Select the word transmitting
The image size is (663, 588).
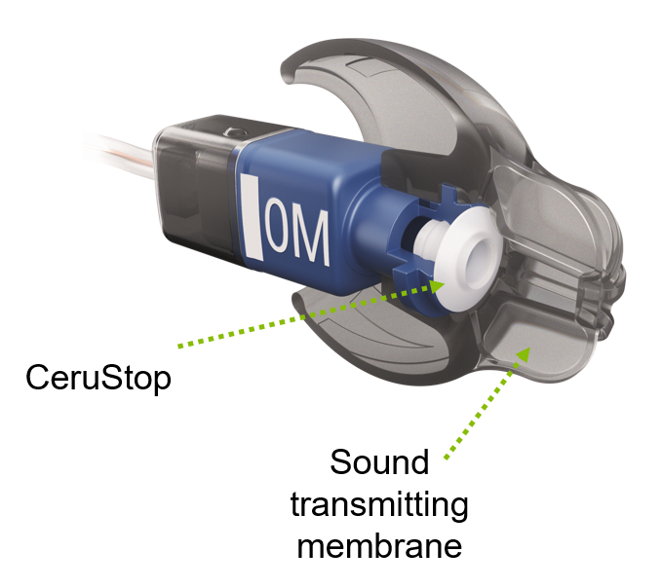click(x=381, y=504)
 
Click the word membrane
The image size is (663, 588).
click(x=380, y=546)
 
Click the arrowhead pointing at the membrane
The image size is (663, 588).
click(x=524, y=357)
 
